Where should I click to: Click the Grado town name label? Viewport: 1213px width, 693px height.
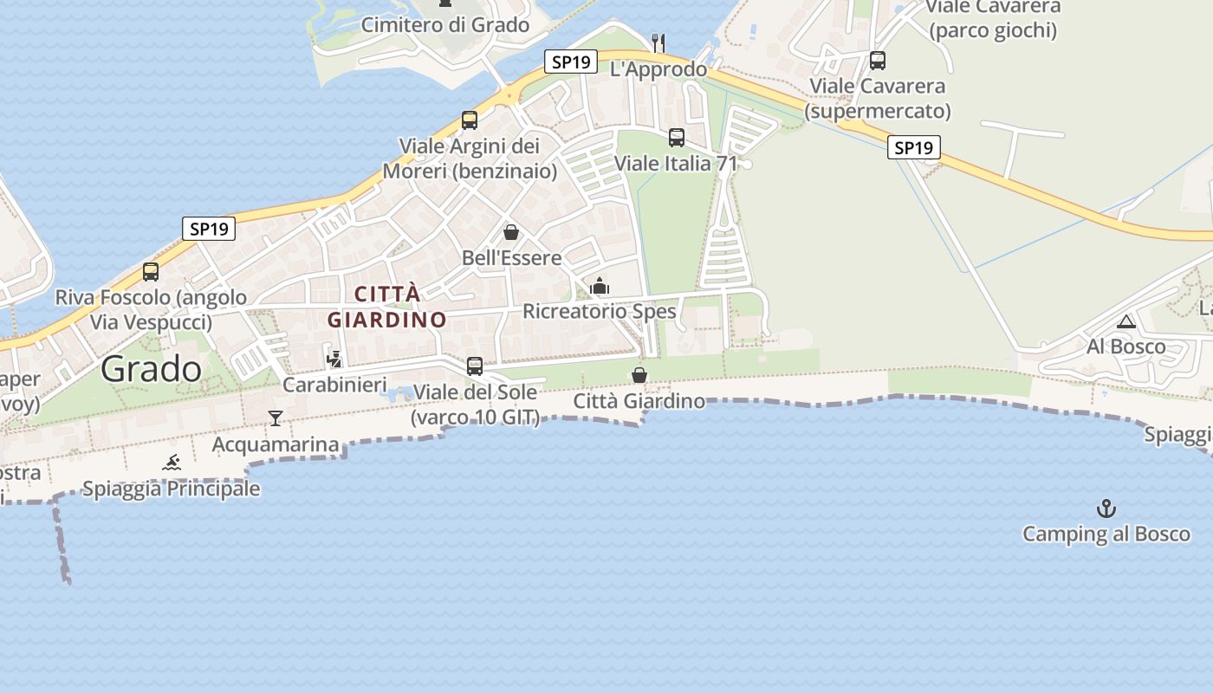click(x=151, y=369)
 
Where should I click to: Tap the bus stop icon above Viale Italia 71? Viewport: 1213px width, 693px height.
click(x=677, y=137)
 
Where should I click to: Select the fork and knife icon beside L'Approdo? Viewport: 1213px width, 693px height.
click(x=658, y=42)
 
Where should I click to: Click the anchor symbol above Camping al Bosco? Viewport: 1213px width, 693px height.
click(x=1106, y=508)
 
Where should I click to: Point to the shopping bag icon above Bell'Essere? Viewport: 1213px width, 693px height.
click(x=511, y=232)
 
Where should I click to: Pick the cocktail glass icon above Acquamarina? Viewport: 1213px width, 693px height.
click(x=276, y=418)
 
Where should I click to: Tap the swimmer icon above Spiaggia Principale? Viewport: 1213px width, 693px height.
click(x=172, y=463)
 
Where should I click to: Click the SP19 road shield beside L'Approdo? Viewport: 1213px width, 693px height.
click(x=571, y=62)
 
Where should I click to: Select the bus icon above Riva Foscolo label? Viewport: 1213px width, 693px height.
click(x=151, y=272)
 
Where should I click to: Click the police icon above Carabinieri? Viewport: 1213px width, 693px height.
click(x=334, y=359)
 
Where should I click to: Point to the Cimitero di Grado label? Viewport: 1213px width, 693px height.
click(x=445, y=25)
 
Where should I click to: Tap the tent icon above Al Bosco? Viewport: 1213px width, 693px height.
click(x=1126, y=322)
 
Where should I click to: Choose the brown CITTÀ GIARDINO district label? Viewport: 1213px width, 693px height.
click(x=386, y=307)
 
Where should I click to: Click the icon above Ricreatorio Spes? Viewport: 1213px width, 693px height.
click(x=600, y=286)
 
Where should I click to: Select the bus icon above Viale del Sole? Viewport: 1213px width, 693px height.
click(x=475, y=366)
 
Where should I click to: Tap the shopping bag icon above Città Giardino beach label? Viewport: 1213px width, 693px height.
click(x=639, y=375)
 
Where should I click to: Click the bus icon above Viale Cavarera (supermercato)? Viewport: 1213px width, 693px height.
click(x=878, y=61)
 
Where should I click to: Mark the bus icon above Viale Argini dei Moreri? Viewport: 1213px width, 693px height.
click(x=470, y=120)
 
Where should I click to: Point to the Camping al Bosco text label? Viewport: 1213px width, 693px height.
click(x=1106, y=534)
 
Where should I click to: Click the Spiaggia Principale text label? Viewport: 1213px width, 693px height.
click(x=172, y=489)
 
